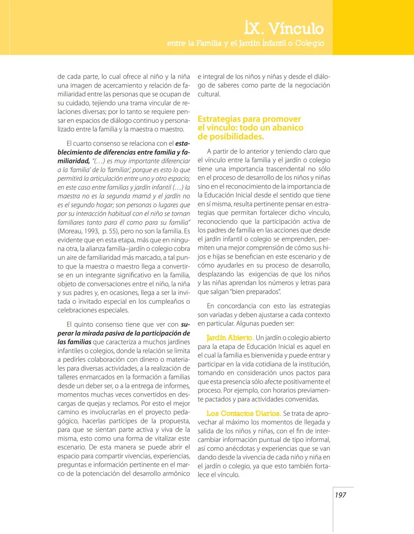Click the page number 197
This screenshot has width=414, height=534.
(340, 495)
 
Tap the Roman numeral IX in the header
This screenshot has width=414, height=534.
(253, 29)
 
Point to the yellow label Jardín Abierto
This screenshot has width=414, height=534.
(230, 338)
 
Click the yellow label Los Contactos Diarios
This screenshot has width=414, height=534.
(243, 414)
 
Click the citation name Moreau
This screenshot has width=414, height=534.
(71, 231)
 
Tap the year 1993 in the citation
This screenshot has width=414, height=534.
(92, 231)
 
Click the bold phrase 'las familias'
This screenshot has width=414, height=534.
(74, 342)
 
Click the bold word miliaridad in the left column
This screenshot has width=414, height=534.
(73, 161)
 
